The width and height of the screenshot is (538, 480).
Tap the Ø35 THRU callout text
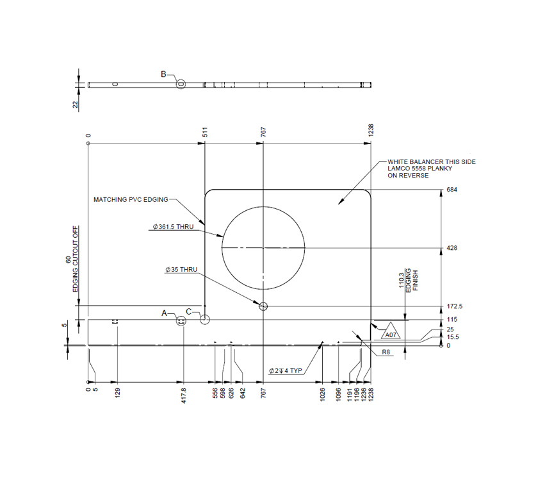point(181,270)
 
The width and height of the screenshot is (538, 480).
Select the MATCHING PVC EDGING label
point(131,199)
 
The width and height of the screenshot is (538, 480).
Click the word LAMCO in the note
point(400,169)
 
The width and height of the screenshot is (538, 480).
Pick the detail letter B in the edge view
point(163,74)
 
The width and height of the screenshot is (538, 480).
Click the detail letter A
point(164,313)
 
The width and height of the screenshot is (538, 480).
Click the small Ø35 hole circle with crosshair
point(263,306)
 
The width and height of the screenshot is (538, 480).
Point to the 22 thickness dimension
point(75,104)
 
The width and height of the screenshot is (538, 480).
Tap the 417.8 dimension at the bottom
point(184,393)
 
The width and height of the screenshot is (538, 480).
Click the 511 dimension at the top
point(205,133)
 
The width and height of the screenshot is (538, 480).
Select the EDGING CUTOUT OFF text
point(76,260)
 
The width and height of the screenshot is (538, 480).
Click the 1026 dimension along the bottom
point(322,393)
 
